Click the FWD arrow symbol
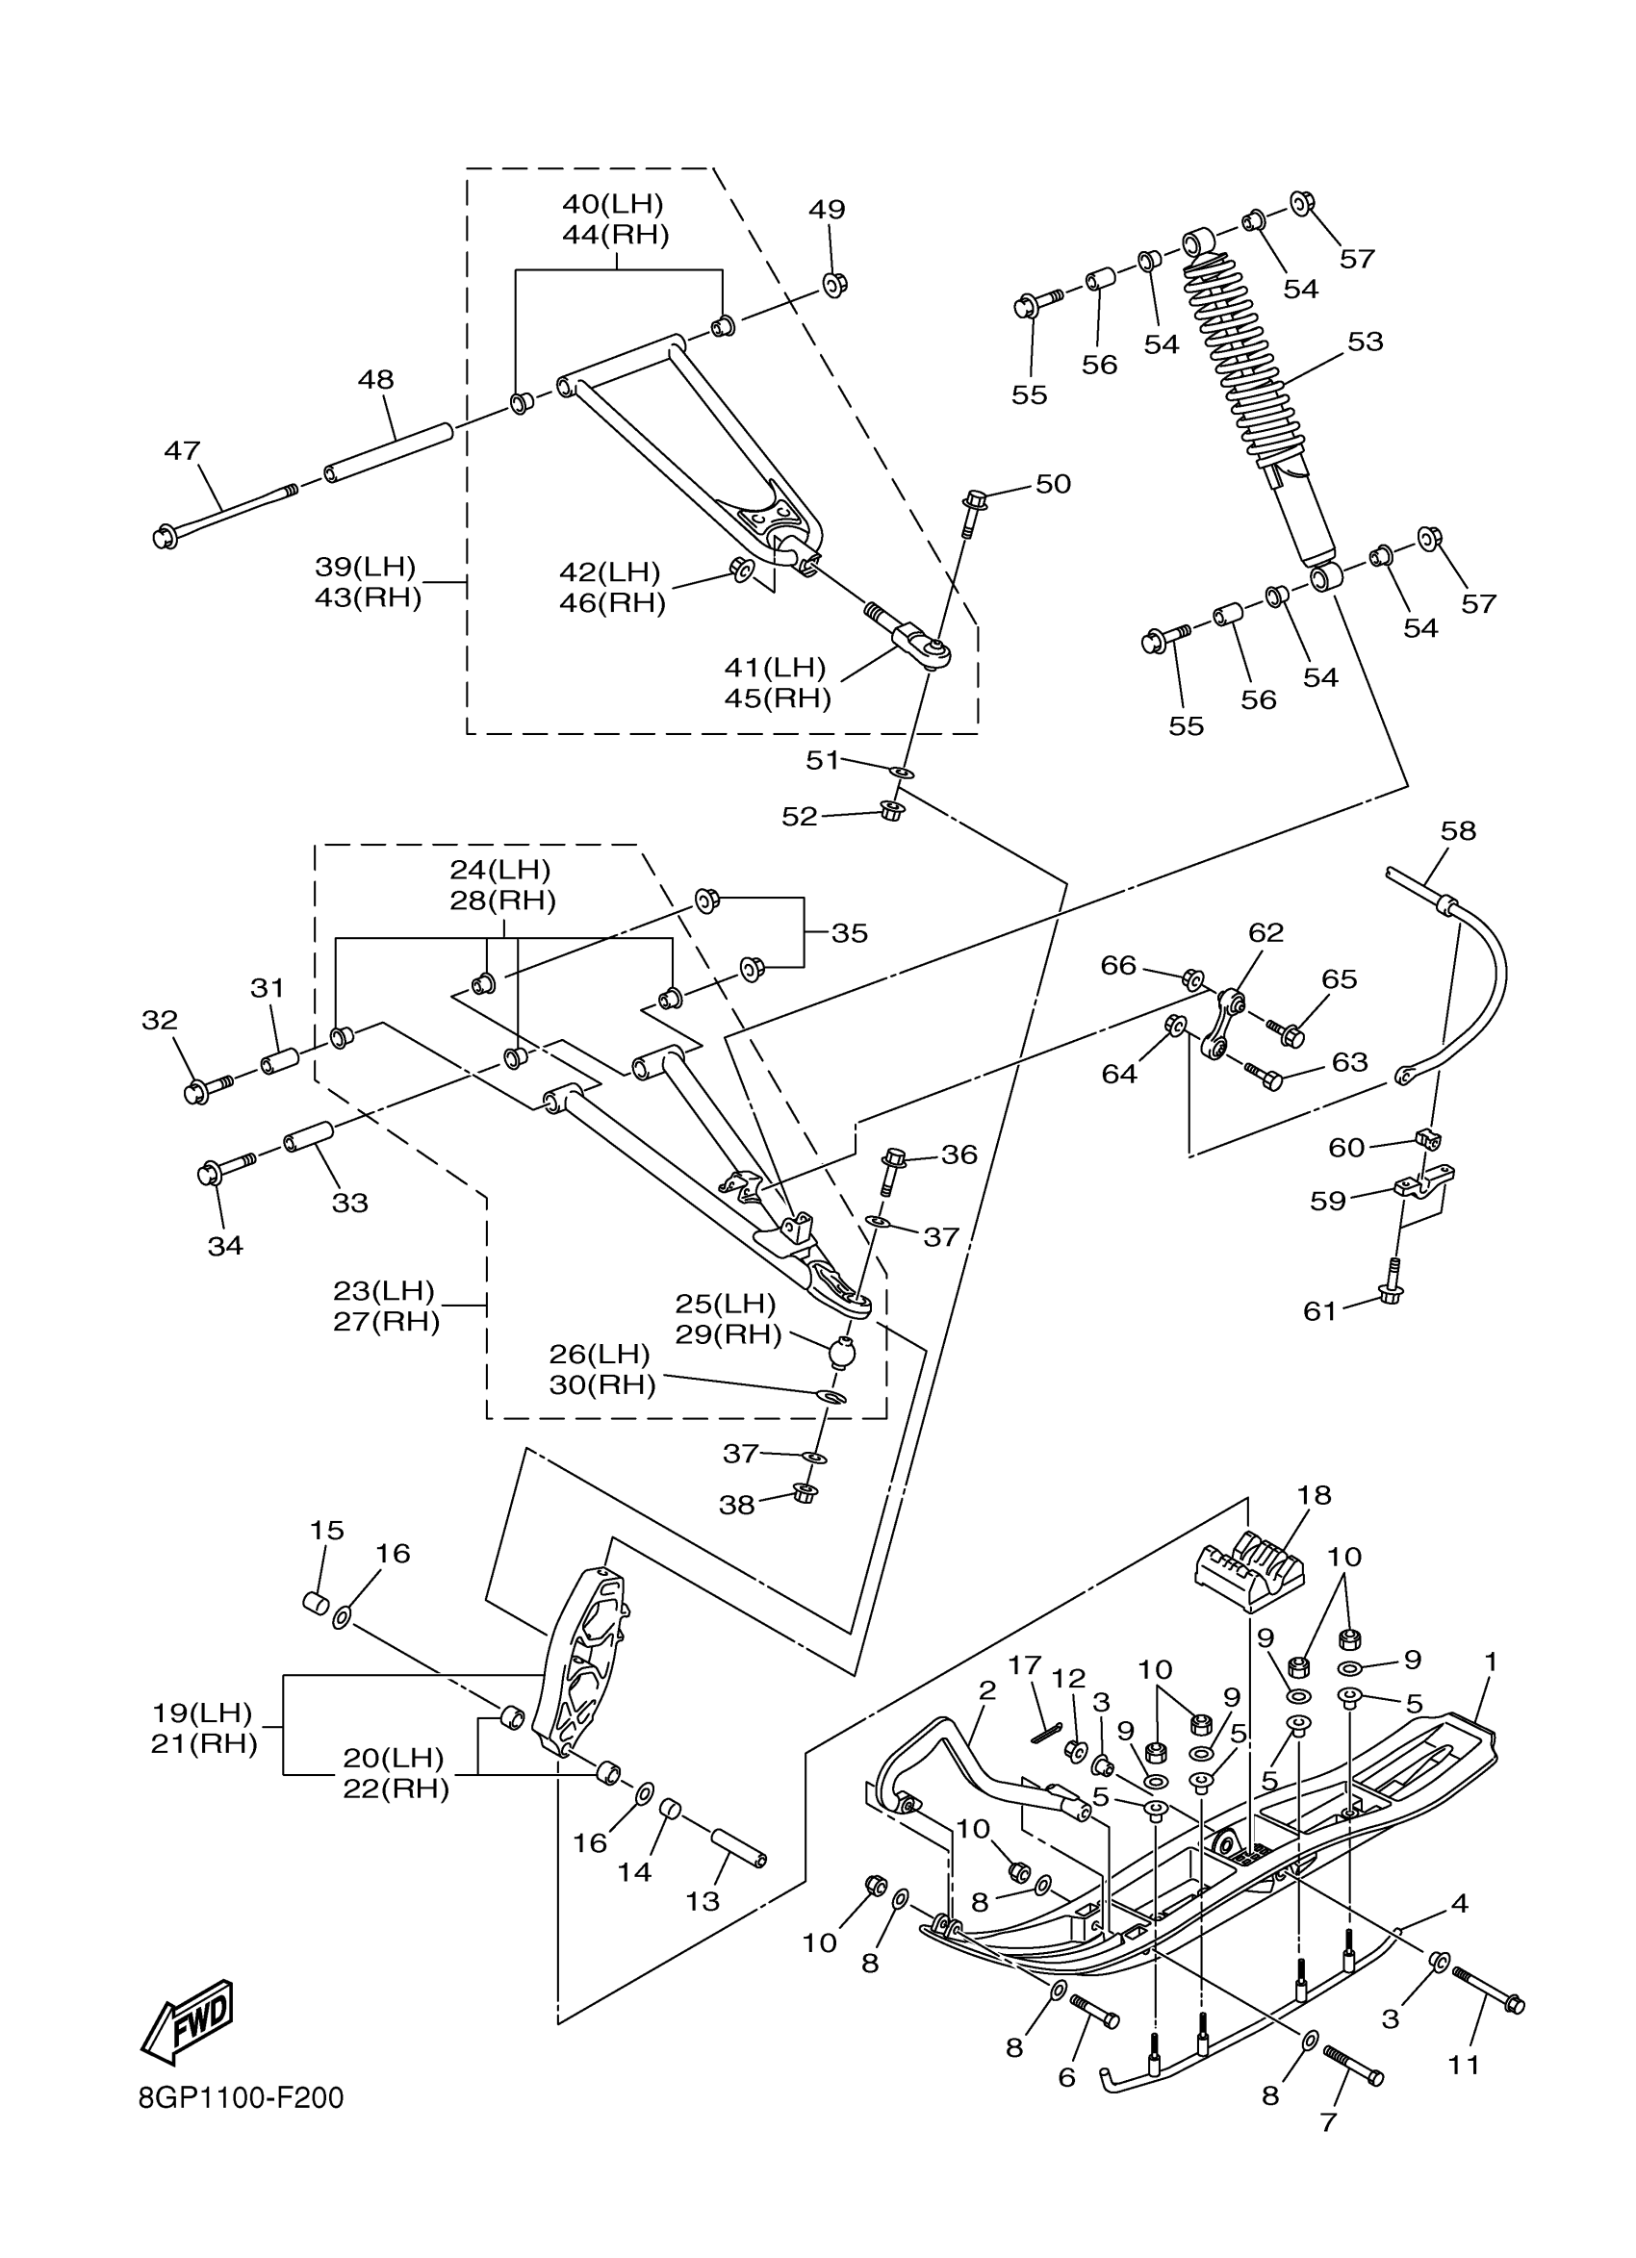click(189, 2022)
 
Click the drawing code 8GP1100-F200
click(241, 2098)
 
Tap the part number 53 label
click(1366, 342)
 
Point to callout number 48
click(376, 379)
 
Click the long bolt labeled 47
click(226, 515)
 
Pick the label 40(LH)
click(612, 204)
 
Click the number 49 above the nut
click(827, 209)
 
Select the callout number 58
click(1459, 830)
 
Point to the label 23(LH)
click(384, 1290)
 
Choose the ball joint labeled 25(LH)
click(842, 1354)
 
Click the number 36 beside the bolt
click(959, 1154)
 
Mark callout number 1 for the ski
click(1491, 1662)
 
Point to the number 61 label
click(1319, 1311)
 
